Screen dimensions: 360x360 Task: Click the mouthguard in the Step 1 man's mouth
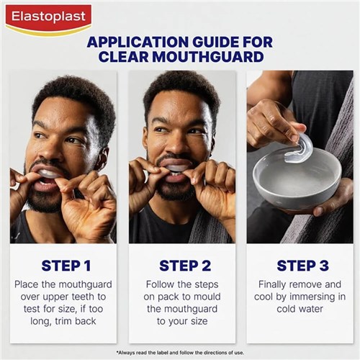(x=47, y=174)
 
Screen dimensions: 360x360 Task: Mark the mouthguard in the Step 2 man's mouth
(x=176, y=168)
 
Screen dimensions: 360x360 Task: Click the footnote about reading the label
(x=180, y=351)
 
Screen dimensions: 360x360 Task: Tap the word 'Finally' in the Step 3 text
(x=276, y=284)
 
